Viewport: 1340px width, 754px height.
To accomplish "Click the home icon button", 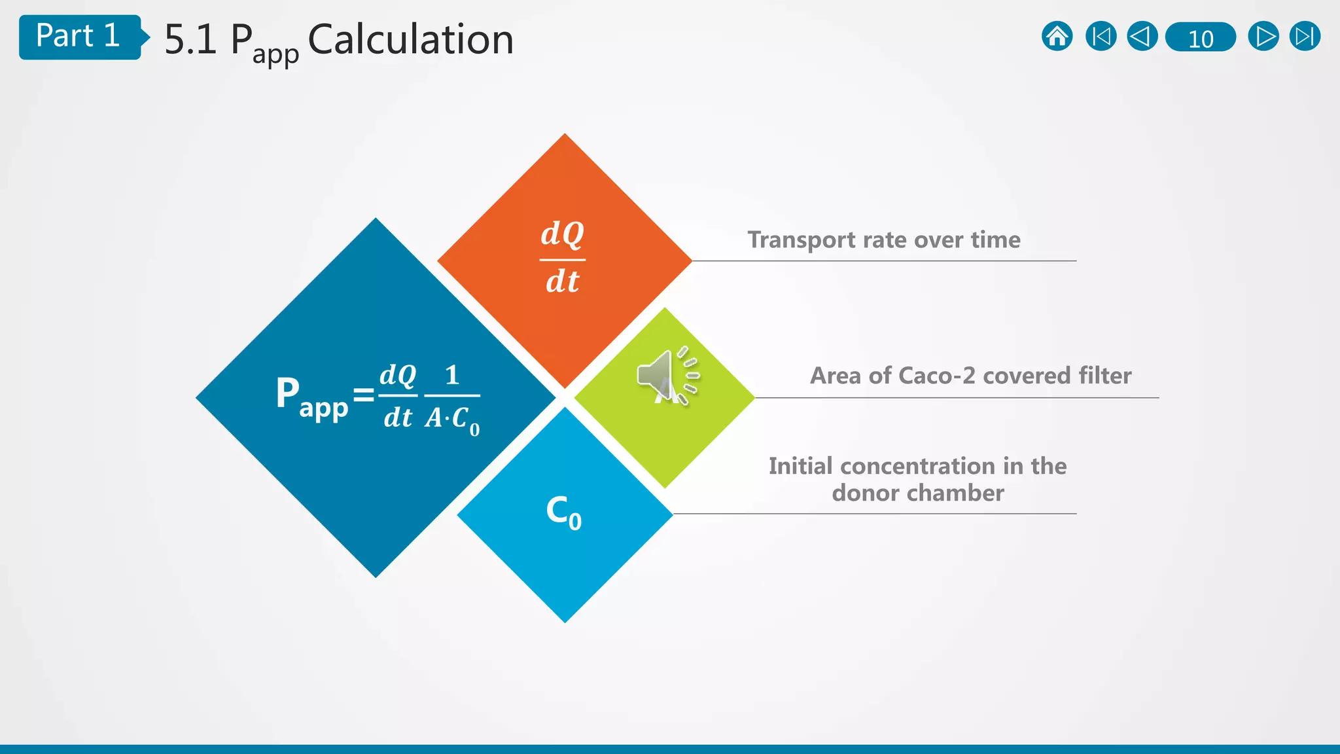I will [x=1057, y=37].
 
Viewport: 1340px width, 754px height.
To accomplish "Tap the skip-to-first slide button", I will [x=1101, y=37].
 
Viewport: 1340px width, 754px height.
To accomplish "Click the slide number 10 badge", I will [x=1201, y=38].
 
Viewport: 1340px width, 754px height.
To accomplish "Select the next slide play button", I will [x=1263, y=37].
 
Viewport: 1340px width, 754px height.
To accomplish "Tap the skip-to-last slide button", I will [x=1305, y=37].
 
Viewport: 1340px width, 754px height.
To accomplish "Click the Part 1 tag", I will [x=79, y=37].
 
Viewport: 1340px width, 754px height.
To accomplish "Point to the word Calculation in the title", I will [x=410, y=40].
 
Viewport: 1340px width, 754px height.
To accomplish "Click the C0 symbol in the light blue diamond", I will [x=563, y=512].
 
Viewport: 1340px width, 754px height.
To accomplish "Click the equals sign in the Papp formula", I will [x=364, y=395].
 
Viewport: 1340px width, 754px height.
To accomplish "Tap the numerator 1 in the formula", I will [x=452, y=375].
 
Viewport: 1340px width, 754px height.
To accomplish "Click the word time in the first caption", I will [x=995, y=240].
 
